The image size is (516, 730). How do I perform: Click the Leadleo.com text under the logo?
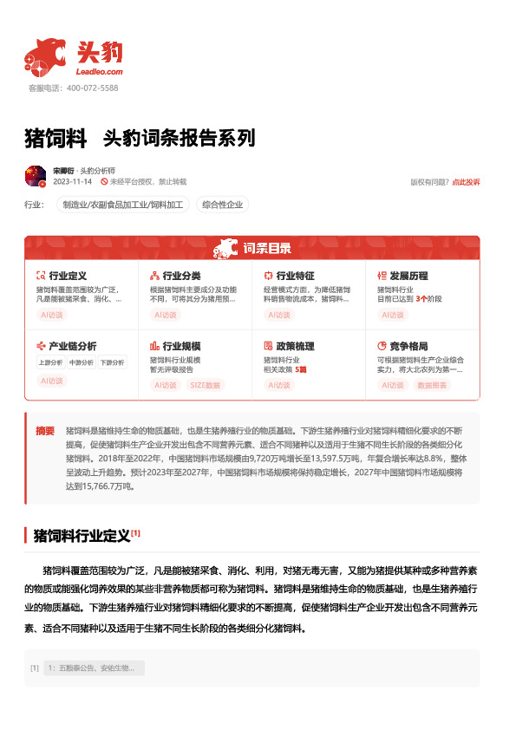coord(100,72)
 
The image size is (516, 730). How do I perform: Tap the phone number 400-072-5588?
coord(91,88)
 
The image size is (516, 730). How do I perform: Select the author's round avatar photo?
coord(36,176)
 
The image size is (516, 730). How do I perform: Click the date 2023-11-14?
coord(73,182)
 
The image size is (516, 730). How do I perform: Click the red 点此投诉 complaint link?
coord(466,182)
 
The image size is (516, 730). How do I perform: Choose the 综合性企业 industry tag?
coord(223,205)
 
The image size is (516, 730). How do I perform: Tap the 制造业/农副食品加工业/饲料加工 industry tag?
coord(122,205)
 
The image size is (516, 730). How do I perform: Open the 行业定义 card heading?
coord(67,275)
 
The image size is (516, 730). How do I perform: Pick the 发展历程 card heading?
coord(408,275)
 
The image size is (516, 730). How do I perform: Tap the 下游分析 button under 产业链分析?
coord(111,362)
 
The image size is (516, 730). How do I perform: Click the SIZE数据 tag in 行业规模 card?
coord(206,384)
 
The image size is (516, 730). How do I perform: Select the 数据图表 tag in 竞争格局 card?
coord(432,384)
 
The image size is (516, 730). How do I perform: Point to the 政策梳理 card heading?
coord(295,346)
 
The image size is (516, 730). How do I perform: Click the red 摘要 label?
coord(45,430)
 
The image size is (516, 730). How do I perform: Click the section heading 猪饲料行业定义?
coord(82,535)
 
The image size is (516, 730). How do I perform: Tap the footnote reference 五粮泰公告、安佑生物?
coord(90,668)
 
